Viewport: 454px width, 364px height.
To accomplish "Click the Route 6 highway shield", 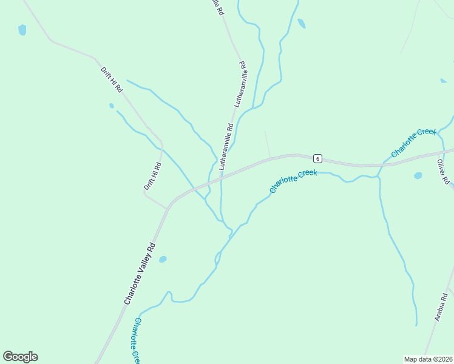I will point(317,159).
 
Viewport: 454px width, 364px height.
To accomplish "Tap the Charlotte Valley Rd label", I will point(140,274).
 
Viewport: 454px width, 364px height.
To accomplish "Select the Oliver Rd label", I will point(443,172).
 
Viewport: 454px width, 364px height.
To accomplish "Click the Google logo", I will point(20,357).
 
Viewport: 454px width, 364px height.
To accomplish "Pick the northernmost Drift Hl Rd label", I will point(112,79).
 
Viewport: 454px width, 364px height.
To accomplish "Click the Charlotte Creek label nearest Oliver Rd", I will point(414,143).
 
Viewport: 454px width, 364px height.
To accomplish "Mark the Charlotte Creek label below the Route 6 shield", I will point(294,181).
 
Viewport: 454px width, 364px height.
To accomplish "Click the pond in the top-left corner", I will point(22,30).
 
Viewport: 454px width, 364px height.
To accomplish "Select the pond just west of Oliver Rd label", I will point(418,176).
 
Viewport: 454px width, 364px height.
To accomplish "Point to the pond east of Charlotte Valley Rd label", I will point(163,260).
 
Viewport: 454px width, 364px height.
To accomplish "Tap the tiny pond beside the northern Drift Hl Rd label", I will point(111,106).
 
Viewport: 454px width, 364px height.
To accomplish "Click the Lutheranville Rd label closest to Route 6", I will point(226,146).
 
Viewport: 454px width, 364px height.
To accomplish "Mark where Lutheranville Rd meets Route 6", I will point(222,178).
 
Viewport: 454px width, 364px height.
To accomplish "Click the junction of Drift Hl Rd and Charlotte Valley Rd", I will point(168,208).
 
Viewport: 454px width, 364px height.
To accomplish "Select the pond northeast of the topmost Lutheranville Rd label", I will point(302,24).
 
